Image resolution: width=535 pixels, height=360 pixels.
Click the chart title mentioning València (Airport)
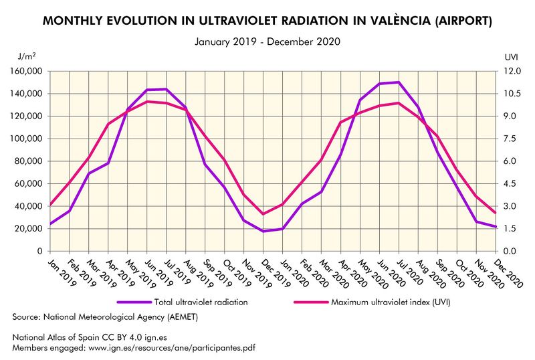267,21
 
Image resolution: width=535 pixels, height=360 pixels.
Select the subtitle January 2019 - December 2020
267,41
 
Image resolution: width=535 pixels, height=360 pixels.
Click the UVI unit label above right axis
510,59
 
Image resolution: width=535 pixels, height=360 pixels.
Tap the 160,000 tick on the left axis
25,71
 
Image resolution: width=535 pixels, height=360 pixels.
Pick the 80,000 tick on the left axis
27,161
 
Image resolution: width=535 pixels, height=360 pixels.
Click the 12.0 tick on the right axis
508,71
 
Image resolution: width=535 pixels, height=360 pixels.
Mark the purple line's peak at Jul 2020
399,82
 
